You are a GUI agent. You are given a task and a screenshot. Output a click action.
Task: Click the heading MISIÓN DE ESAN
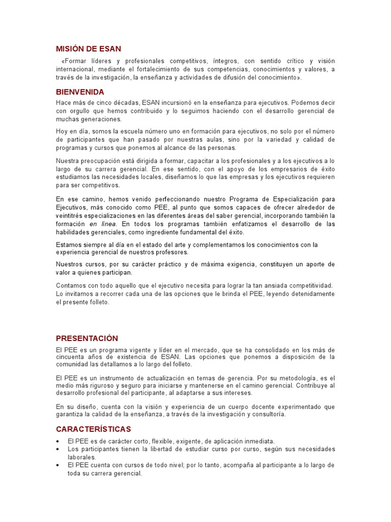(89, 49)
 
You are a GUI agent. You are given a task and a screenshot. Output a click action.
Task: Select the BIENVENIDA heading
(80, 92)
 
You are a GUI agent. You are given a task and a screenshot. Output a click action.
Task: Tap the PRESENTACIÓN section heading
(87, 338)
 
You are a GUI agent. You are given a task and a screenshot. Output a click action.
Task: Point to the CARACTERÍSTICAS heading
(93, 429)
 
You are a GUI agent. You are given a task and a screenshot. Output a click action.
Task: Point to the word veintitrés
(72, 216)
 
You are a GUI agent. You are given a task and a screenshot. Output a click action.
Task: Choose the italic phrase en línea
(103, 224)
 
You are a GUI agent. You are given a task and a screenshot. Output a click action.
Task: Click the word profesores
(172, 252)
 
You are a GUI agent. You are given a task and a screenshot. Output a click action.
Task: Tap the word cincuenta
(72, 357)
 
